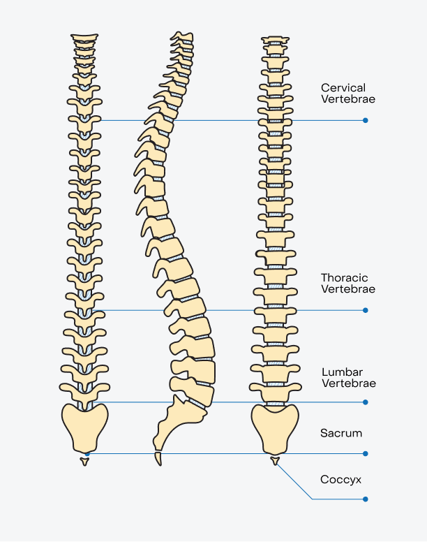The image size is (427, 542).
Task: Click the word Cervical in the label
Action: tap(343, 87)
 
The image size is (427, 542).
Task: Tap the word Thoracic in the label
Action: tap(345, 277)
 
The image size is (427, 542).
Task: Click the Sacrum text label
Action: tap(341, 433)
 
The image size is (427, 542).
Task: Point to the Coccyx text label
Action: tap(340, 480)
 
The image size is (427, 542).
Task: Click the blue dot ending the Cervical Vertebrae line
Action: tap(366, 120)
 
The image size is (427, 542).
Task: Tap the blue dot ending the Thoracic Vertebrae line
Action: tap(366, 309)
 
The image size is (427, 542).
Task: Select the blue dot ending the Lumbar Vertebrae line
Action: tap(366, 402)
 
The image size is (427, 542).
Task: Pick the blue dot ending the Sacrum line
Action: tap(366, 453)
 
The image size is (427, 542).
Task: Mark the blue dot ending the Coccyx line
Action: tap(366, 499)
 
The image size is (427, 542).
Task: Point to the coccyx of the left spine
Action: tap(84, 461)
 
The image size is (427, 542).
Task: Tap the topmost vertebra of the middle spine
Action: tap(182, 36)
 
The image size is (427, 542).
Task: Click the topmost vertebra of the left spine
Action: tap(84, 37)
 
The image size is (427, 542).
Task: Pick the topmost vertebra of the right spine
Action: tap(275, 39)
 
